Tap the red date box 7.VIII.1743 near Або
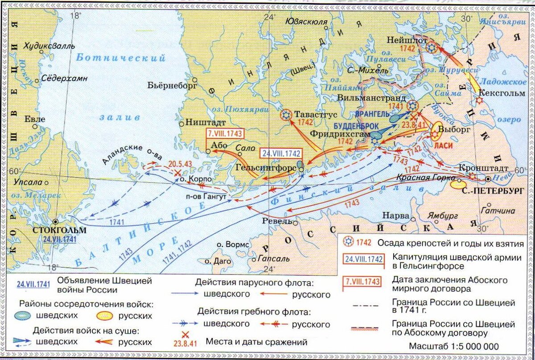point(226,133)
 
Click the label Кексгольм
point(498,93)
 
